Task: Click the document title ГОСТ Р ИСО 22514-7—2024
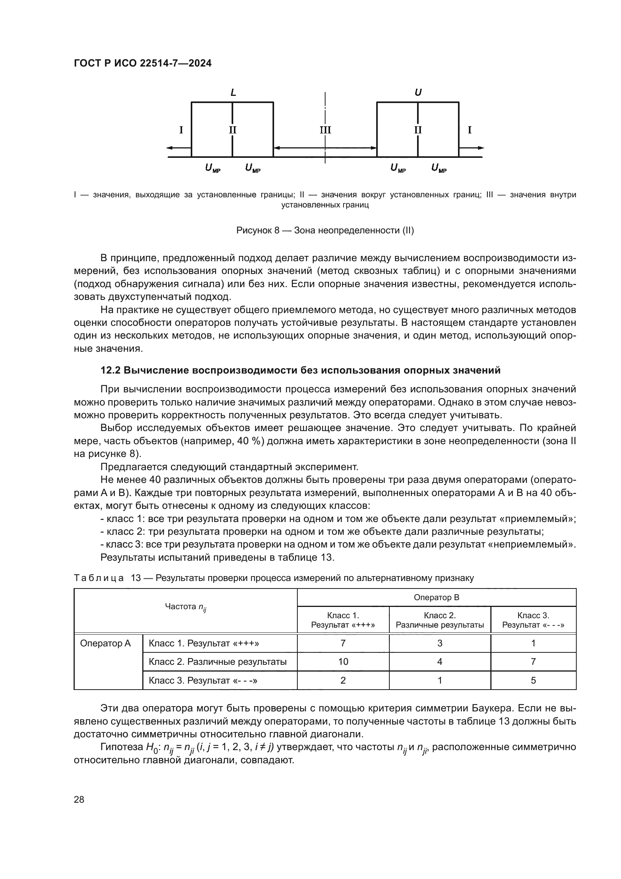[x=143, y=64]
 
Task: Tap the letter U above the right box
[x=418, y=93]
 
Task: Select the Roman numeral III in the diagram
[x=326, y=130]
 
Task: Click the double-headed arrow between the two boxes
[x=325, y=148]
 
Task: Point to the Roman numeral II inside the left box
[x=233, y=130]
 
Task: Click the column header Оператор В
[x=436, y=598]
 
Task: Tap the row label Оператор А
[x=106, y=643]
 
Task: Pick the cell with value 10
[x=343, y=662]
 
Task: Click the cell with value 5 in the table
[x=533, y=680]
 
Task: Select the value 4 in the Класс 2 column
[x=440, y=662]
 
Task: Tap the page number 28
[x=79, y=799]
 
